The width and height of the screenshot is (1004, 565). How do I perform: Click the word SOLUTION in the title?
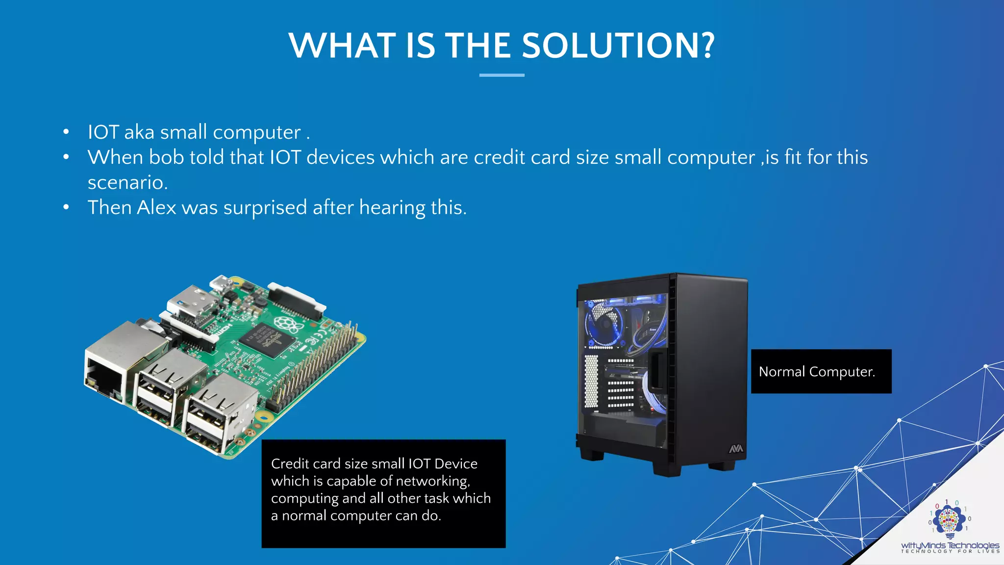pos(618,46)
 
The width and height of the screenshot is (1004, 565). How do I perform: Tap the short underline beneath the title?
pos(502,75)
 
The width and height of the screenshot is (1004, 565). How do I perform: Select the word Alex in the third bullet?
pos(156,207)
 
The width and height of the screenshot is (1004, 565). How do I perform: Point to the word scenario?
pos(127,182)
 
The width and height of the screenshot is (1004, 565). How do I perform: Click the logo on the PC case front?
pos(736,448)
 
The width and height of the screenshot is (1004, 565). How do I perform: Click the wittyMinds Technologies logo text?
pos(950,545)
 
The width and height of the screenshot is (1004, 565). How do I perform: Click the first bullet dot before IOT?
pos(66,132)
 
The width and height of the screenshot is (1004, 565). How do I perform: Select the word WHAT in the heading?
pos(342,46)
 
